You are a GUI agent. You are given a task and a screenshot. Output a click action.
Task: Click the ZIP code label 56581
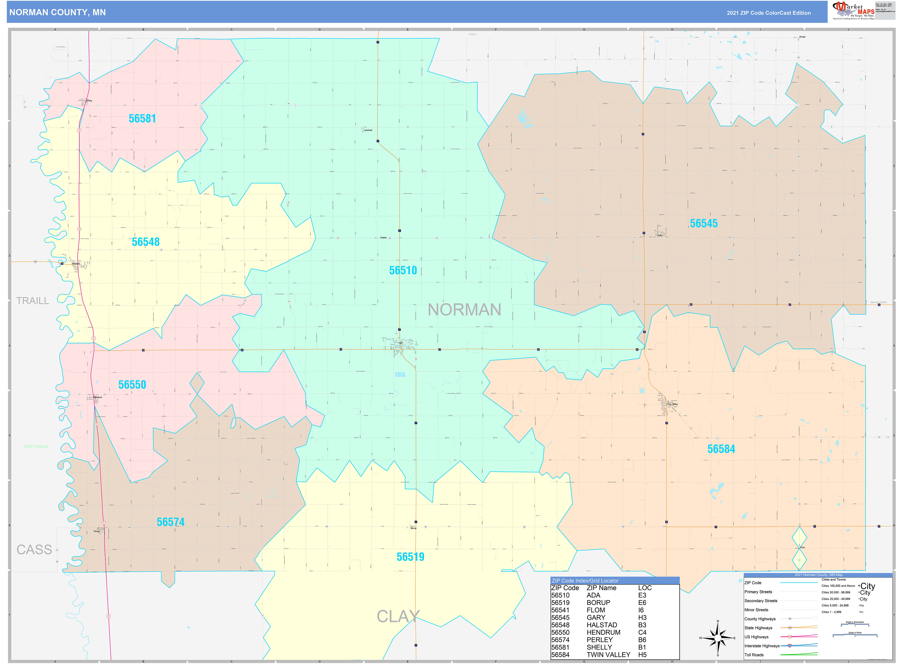[x=142, y=118]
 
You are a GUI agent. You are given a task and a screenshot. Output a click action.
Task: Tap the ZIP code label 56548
[x=145, y=242]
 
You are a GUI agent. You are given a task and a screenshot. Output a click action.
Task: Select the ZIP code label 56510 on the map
[x=403, y=270]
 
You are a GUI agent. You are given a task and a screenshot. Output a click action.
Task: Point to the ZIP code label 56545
[x=703, y=223]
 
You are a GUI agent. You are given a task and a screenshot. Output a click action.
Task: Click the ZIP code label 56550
[x=132, y=385]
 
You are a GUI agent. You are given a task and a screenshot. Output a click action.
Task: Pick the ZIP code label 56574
[x=171, y=522]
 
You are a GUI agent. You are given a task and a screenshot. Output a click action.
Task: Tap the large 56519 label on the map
[x=410, y=557]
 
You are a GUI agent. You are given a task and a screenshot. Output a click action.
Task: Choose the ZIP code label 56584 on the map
[x=721, y=449]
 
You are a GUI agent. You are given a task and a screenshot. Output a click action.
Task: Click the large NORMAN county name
[x=464, y=310]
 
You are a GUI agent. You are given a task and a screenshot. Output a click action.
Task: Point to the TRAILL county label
[x=32, y=301]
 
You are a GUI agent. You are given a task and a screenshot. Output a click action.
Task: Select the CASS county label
[x=34, y=549]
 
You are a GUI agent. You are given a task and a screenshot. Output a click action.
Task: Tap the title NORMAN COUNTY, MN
[x=57, y=13]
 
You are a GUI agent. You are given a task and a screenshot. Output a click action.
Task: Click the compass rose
[x=718, y=638]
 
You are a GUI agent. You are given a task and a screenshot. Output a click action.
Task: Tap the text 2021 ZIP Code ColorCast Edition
[x=768, y=13]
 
